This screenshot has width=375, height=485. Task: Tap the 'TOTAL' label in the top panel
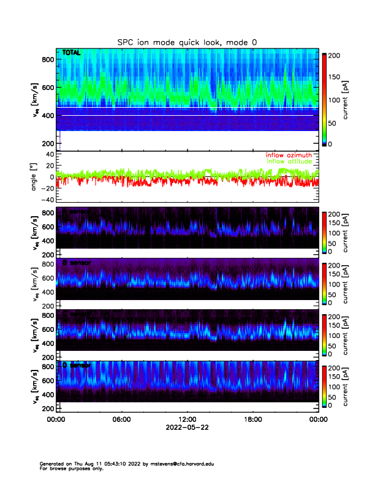72,54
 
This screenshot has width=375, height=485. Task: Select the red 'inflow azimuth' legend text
289,156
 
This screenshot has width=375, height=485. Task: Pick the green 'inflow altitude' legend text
290,162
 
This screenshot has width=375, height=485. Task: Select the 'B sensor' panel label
77,263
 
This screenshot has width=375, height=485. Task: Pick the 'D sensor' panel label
77,366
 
